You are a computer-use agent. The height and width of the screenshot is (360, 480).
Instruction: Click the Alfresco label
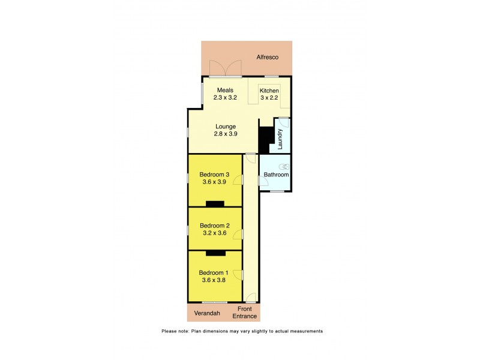tap(268, 58)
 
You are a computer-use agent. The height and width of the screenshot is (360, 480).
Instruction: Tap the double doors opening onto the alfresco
tap(225, 69)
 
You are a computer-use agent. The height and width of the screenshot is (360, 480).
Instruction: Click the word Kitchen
tap(269, 91)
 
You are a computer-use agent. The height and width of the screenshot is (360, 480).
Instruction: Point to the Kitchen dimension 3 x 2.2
tap(269, 98)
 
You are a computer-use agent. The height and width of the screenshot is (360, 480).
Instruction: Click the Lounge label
tap(226, 127)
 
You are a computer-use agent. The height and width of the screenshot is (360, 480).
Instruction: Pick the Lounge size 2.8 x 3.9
tap(226, 134)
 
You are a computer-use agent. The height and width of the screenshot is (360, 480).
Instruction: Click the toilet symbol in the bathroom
tap(284, 167)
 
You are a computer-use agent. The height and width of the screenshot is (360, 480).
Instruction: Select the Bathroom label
tap(276, 175)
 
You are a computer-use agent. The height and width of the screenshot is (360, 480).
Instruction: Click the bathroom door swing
tap(263, 179)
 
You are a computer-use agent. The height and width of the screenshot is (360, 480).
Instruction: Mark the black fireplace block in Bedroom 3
tap(214, 204)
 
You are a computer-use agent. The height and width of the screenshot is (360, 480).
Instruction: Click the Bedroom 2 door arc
tap(238, 233)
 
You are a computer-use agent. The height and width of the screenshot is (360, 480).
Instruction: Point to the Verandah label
tap(208, 313)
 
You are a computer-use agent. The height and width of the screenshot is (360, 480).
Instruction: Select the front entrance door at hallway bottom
tap(251, 298)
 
